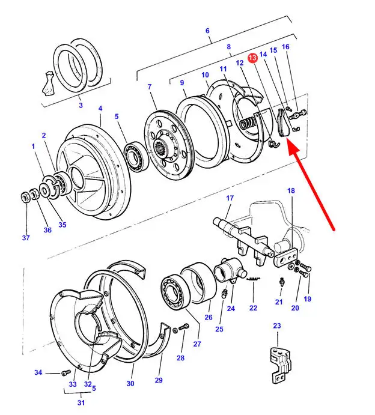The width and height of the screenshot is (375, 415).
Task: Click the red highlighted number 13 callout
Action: point(252,57)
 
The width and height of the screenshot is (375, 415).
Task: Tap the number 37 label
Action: point(25,238)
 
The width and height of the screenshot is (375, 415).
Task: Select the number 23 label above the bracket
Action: point(276,326)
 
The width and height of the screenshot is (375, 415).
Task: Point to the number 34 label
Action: point(38,373)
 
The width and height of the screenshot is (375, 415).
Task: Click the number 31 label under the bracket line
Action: point(81,402)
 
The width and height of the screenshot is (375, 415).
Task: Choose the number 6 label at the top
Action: point(207,31)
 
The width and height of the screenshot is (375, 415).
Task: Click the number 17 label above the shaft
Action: point(230,198)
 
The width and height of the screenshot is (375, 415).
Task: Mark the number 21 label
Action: point(279,301)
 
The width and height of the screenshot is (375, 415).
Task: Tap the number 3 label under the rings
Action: point(81,106)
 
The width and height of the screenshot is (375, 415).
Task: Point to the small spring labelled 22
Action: point(256,279)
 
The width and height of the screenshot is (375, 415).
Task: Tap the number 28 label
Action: point(181,359)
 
